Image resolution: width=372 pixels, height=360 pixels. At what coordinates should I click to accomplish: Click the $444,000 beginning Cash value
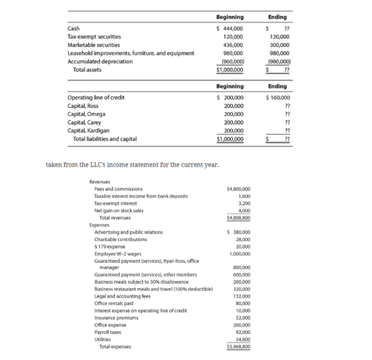[x=230, y=28]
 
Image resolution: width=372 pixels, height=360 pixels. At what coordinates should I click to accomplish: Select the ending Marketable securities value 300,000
[x=279, y=44]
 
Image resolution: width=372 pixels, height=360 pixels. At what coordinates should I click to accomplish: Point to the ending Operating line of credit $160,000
[x=278, y=97]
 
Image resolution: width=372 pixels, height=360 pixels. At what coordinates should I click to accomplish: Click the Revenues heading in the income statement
[x=101, y=182]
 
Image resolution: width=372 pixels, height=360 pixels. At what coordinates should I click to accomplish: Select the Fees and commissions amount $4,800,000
[x=238, y=189]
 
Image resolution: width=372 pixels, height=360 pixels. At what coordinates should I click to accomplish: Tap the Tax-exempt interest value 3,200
[x=243, y=204]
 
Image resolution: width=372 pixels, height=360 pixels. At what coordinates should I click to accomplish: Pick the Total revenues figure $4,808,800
[x=238, y=217]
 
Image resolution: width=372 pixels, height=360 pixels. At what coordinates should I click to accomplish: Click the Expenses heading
[x=100, y=225]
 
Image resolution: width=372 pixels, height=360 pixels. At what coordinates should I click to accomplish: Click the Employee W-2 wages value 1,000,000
[x=240, y=254]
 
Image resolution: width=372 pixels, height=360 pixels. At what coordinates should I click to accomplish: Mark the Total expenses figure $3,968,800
[x=238, y=346]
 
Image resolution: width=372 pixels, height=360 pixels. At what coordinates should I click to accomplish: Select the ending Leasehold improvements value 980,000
[x=279, y=53]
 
